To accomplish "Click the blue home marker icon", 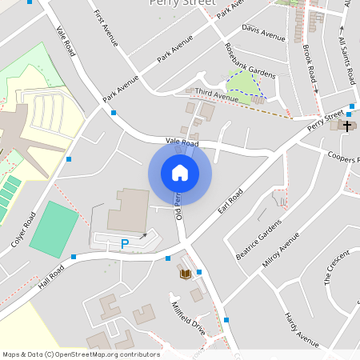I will tap(180, 173).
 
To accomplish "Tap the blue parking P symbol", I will tap(125, 243).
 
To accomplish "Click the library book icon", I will tap(185, 274).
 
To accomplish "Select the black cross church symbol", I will tap(347, 125).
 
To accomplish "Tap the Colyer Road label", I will tap(25, 232).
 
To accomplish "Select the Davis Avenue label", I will tap(263, 33).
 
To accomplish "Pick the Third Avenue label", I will tap(217, 96).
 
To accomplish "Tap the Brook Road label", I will tap(310, 59).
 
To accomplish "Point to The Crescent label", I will tap(337, 267).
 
